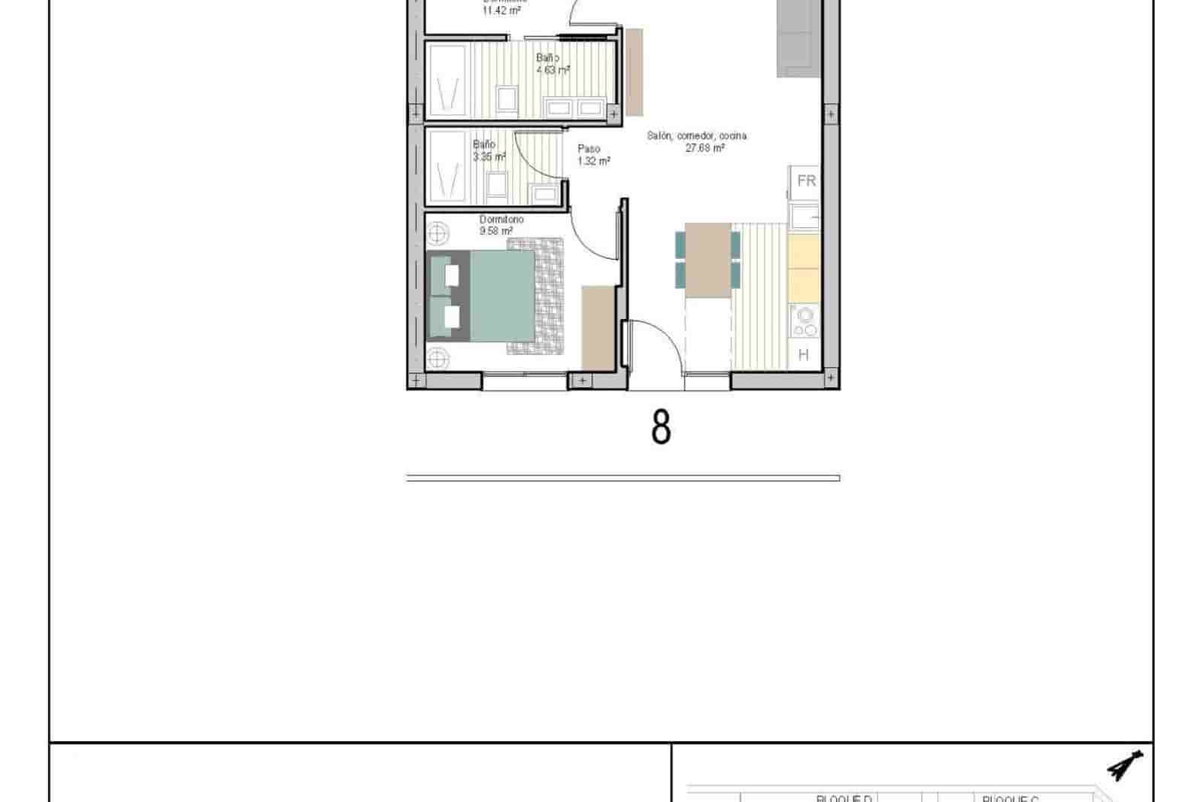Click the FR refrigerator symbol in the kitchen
pos(806,181)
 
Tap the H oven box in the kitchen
pos(804,354)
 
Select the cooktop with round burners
pos(805,322)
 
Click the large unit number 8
pos(660,427)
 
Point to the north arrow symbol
pos(1126,767)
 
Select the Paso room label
pos(589,149)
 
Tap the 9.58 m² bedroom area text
pos(496,231)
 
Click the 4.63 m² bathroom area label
pos(553,70)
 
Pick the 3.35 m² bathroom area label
pos(489,156)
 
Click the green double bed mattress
pos(502,296)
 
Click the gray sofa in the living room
pos(798,36)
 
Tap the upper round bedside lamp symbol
pos(438,233)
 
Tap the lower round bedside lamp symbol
pos(438,359)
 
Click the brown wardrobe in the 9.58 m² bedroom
pos(598,327)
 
